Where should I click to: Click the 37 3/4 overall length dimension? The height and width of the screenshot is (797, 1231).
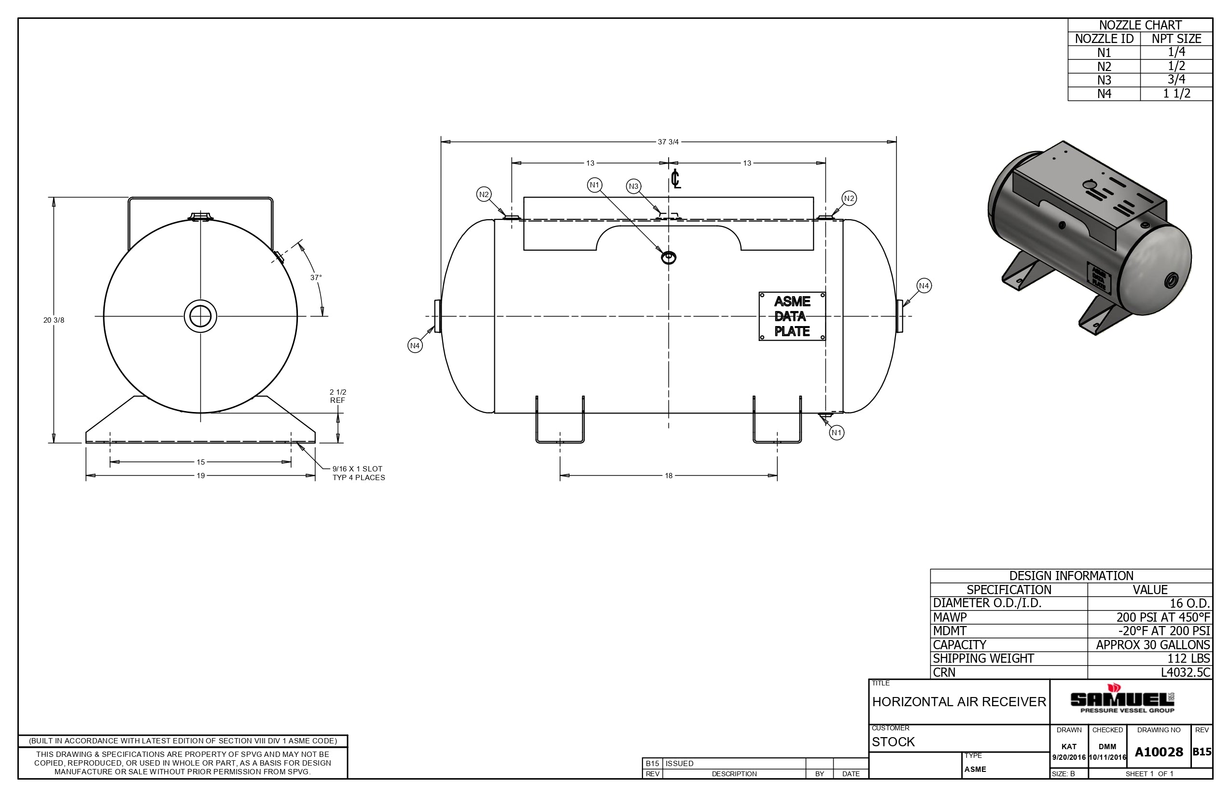668,142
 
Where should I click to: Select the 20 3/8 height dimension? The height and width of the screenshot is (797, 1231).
54,320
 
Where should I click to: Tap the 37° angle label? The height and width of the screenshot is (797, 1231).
316,278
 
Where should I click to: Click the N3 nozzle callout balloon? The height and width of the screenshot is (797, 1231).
633,186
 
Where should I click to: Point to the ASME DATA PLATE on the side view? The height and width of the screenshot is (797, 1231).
792,316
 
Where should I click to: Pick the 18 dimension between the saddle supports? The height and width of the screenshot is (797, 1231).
668,476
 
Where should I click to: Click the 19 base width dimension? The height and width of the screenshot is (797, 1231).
201,476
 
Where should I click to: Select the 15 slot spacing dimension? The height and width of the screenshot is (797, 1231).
201,462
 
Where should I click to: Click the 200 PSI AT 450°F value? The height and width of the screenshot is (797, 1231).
1163,617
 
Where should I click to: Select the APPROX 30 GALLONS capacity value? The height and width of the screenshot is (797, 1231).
1153,645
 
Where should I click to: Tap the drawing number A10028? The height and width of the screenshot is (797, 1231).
1159,752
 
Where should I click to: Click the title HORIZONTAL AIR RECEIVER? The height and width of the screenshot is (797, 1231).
959,702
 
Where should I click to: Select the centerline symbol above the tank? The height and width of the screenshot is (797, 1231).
675,179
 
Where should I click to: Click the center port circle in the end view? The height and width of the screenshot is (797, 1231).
201,316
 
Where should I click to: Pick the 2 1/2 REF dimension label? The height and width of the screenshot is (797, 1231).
338,396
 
